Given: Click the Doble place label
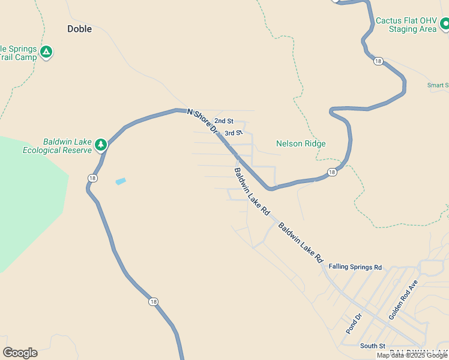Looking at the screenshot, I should [x=79, y=28].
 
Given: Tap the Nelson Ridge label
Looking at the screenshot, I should [x=301, y=143].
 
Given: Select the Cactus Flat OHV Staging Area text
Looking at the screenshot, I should [x=406, y=25].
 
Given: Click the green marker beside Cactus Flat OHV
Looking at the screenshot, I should [x=445, y=24].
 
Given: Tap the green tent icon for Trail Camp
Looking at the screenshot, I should [x=46, y=52].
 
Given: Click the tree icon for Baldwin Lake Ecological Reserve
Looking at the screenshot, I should [x=101, y=144].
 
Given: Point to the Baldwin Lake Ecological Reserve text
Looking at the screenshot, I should [x=57, y=146].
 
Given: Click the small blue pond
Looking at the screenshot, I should [x=121, y=181].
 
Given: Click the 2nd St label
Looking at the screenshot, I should [x=224, y=121].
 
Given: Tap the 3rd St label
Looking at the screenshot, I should [x=233, y=133].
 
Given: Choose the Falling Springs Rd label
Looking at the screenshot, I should [x=355, y=266].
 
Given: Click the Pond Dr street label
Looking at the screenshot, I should [x=354, y=323].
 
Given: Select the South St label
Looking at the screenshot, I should [x=372, y=346].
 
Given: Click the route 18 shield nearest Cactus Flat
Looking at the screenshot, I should [x=378, y=61].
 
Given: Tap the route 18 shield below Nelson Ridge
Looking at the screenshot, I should [x=332, y=173].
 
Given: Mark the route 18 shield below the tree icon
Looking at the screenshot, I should [x=92, y=178].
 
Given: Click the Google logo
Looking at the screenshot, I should [x=20, y=353].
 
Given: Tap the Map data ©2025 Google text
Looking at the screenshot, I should [x=412, y=355].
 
